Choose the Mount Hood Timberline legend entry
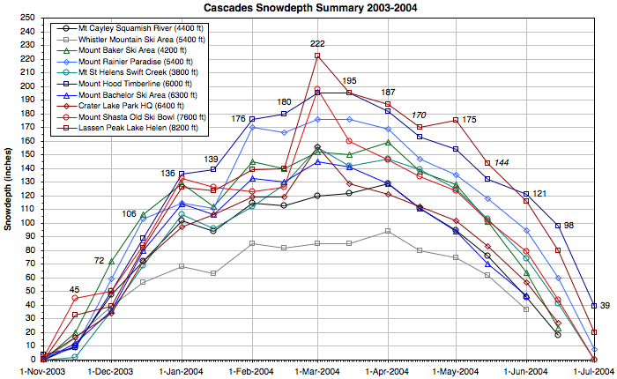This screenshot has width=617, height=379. point(129,85)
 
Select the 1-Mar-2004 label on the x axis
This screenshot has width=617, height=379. point(316,371)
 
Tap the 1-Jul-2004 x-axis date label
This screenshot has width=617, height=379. point(594,371)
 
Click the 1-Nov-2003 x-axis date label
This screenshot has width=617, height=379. point(42,371)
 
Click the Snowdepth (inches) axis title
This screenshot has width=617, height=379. point(7,189)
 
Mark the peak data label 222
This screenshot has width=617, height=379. point(317,44)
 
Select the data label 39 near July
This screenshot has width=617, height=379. point(605,306)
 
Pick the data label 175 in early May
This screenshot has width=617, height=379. point(469,119)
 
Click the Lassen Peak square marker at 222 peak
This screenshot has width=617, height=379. point(317,56)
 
